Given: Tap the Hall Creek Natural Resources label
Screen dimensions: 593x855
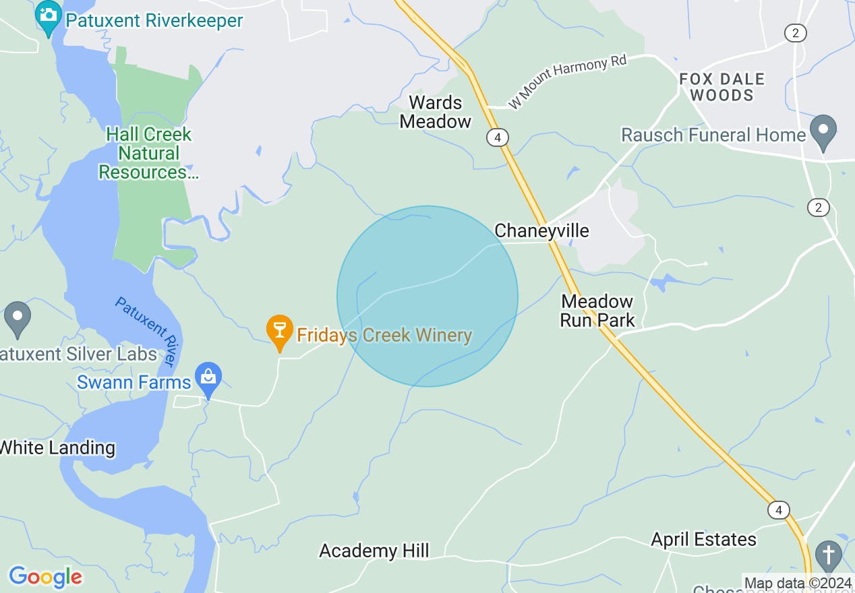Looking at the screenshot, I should point(149,154).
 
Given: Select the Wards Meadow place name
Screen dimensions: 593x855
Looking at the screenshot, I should point(436,112).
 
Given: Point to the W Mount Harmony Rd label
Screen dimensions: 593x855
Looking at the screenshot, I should point(567,82).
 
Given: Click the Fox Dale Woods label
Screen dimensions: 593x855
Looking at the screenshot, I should point(721,87).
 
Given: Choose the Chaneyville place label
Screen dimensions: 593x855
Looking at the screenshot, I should point(541,230).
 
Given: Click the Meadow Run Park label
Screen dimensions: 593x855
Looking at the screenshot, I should point(597,310).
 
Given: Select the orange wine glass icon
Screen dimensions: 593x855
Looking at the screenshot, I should point(279,330).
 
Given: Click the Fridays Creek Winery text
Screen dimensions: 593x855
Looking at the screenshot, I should point(384,335).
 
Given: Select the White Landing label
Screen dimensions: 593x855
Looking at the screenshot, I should point(57,447).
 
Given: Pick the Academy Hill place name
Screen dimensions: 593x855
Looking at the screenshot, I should point(374,551).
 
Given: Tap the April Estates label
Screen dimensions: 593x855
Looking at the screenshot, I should point(703,539).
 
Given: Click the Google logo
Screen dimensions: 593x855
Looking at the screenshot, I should point(45,577).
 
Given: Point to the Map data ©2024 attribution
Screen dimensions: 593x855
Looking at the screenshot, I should point(798,583).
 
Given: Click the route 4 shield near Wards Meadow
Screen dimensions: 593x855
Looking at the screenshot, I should point(497,137).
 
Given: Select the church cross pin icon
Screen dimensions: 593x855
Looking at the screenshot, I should point(828,555).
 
